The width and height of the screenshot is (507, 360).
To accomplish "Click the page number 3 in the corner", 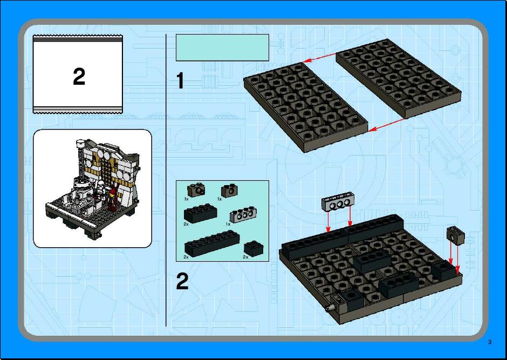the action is coord(490,342).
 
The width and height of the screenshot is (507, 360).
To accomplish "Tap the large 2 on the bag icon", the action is coord(79,77).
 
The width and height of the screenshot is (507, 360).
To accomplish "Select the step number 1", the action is coord(180,80).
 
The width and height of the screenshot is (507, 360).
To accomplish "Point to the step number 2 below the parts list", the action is coord(182,281).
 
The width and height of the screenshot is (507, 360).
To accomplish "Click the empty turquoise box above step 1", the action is coord(222,47).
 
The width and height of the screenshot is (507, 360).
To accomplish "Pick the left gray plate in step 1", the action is coord(306,107).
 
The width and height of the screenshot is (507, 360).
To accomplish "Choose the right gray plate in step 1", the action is coord(399,78).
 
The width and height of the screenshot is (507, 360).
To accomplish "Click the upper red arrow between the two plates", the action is coord(320,57).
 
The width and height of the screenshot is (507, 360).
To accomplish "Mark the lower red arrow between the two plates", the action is coord(386,125).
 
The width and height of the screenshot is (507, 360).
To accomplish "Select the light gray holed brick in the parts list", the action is coord(243,215).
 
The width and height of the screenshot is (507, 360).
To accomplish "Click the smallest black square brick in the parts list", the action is coord(253,249).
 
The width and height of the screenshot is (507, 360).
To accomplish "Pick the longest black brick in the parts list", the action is coord(212,243).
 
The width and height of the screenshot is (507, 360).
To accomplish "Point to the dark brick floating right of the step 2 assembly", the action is coord(456,235).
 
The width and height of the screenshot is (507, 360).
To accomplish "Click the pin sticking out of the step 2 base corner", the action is coord(330,308).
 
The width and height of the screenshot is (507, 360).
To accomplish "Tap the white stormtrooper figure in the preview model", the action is coord(100,191).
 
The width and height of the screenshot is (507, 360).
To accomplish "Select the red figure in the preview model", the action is coord(113,198).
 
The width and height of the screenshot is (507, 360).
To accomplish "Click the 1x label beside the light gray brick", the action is coord(228,224).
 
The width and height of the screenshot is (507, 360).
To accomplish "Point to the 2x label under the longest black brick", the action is coord(186,257).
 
